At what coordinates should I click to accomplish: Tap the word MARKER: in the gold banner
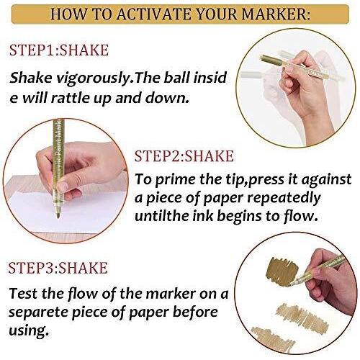pos(276,14)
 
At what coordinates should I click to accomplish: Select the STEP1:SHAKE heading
pos(59,50)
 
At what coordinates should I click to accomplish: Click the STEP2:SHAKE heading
pos(184,156)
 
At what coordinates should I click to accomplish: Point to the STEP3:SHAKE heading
pos(58,268)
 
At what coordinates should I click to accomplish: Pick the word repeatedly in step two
pos(284,199)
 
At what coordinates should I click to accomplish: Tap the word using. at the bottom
pos(27,330)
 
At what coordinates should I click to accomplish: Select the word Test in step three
pos(23,293)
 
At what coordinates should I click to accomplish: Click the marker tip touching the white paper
pos(58,215)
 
